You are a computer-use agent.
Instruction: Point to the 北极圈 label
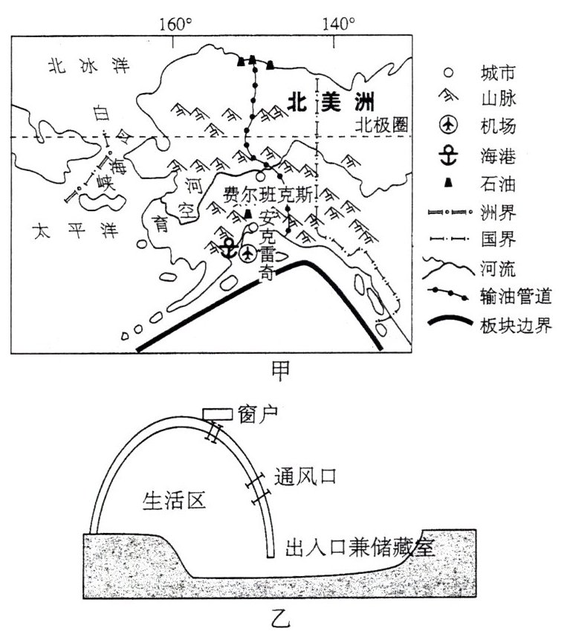[x=381, y=126]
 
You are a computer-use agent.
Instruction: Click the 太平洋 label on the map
[x=68, y=231]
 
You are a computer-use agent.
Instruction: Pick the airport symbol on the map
[x=248, y=253]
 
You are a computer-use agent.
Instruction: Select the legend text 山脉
[x=496, y=98]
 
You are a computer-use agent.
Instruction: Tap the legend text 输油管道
[x=515, y=297]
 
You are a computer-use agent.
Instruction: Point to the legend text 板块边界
[x=515, y=325]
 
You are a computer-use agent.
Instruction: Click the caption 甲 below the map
[x=282, y=369]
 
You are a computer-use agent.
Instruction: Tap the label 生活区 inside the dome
[x=173, y=502]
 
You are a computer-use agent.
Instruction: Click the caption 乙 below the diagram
[x=282, y=618]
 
